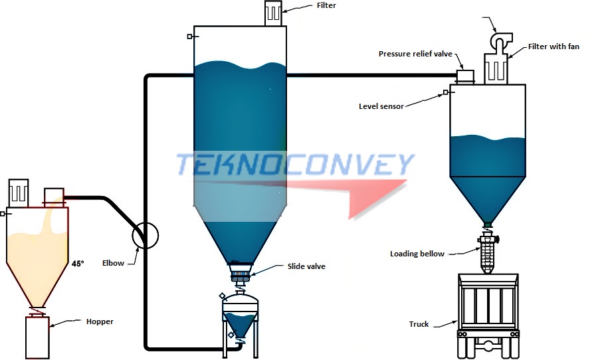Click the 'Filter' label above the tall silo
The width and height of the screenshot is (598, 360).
[326, 5]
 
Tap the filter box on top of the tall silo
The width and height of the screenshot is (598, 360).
[274, 14]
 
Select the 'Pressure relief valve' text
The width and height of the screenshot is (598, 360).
[415, 54]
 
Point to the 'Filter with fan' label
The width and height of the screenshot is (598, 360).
[553, 47]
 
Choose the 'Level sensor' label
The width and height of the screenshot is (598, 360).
[381, 106]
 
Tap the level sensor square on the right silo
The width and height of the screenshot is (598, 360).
[446, 93]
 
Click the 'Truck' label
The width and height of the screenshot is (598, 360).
[419, 325]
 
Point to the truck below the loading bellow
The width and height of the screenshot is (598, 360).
[489, 309]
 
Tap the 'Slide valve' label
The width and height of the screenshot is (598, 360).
[307, 266]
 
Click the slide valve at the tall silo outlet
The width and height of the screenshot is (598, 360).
[241, 270]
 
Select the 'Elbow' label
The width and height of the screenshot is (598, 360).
[113, 264]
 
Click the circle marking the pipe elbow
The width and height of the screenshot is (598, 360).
[146, 234]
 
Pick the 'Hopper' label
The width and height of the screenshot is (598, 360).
[100, 321]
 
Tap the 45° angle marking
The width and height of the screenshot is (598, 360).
[78, 264]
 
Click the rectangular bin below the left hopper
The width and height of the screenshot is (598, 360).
[37, 337]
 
